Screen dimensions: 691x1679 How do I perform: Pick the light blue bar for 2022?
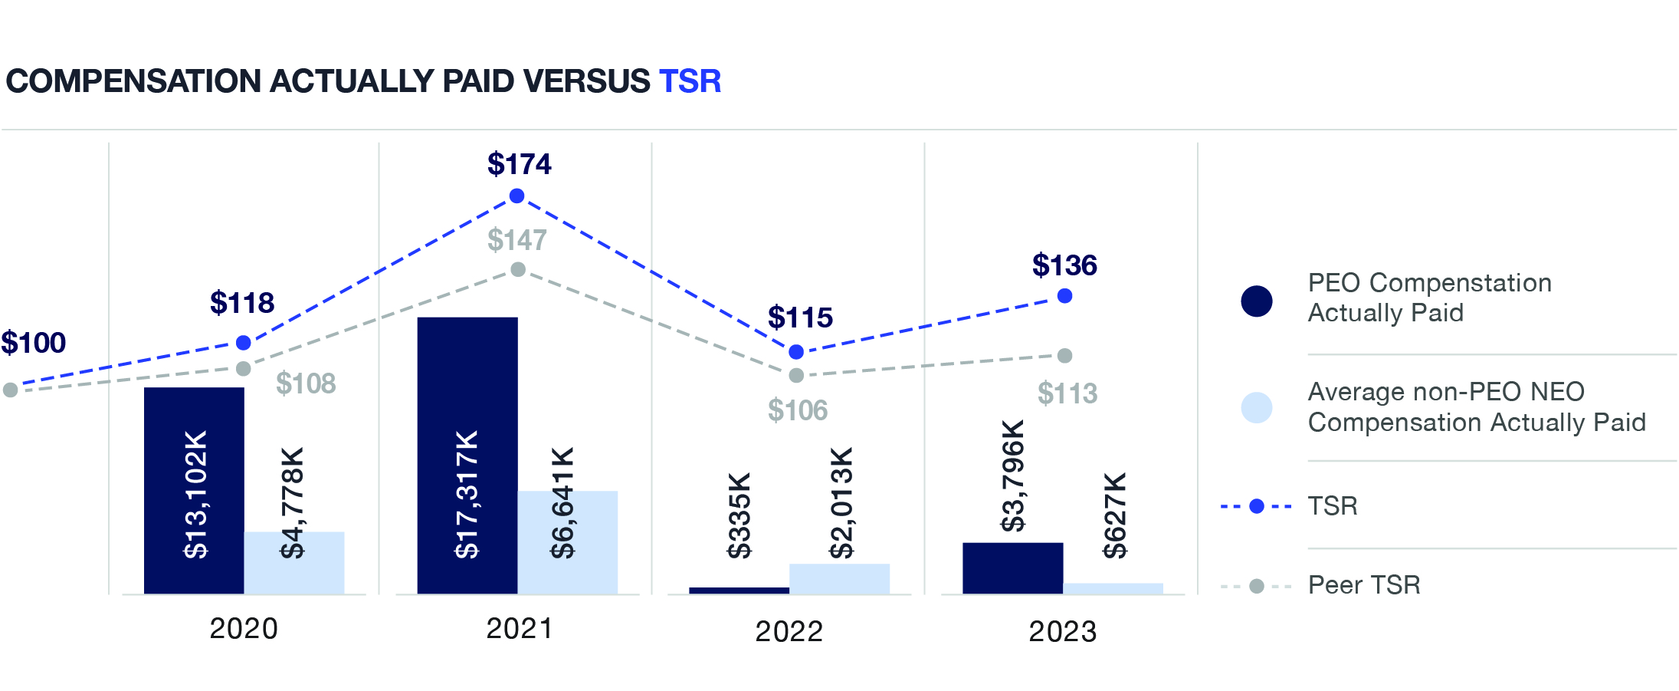(839, 578)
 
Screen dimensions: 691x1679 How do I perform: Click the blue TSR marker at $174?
(516, 196)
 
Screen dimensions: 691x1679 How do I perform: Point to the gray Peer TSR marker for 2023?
(1064, 356)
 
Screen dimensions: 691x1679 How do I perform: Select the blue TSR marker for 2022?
(796, 352)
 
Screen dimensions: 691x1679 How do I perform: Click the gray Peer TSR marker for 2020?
(243, 369)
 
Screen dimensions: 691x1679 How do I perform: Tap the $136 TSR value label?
(1064, 265)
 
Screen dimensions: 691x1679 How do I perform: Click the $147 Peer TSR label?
(516, 240)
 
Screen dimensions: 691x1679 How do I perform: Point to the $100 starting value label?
(33, 343)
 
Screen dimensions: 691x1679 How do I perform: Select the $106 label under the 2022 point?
(798, 410)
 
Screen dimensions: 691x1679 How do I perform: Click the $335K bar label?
(739, 515)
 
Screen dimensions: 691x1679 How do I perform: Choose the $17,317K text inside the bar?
(467, 494)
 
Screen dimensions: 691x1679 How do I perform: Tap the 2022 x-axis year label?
(789, 631)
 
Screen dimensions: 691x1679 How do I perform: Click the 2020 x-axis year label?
(244, 629)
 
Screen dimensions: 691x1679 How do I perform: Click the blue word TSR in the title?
(690, 81)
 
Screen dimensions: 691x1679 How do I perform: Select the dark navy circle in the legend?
(1256, 301)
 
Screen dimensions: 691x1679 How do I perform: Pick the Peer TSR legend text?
(1363, 585)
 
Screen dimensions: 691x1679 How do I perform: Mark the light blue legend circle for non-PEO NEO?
(1256, 408)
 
